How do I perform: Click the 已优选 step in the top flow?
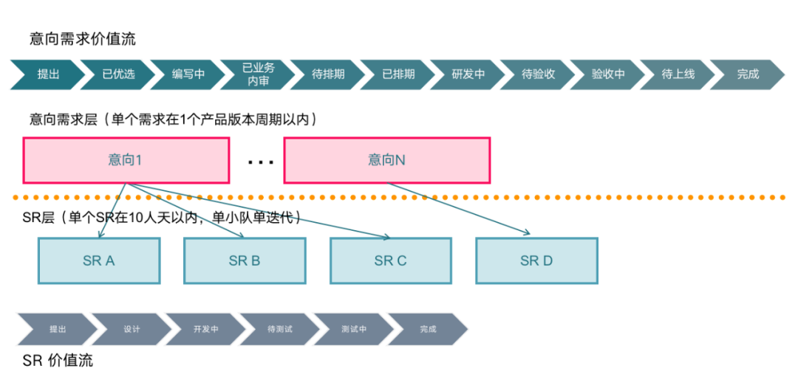(118, 75)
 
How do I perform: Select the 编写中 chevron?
(188, 75)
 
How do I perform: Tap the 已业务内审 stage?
(259, 75)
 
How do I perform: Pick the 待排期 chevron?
(328, 75)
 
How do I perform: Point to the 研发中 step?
(468, 75)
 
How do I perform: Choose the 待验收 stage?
(538, 75)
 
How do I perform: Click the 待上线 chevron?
(678, 75)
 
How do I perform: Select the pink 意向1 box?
(126, 159)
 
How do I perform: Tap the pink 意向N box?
(386, 159)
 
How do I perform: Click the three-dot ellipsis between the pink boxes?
(260, 162)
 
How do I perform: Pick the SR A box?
(99, 260)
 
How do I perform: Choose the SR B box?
(245, 260)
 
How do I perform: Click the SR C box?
(390, 260)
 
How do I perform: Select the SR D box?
(536, 260)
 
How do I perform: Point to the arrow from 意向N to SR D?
(458, 209)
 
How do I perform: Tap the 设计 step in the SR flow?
(132, 329)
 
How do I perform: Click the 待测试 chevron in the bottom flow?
(280, 329)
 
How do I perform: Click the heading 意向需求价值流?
(83, 39)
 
